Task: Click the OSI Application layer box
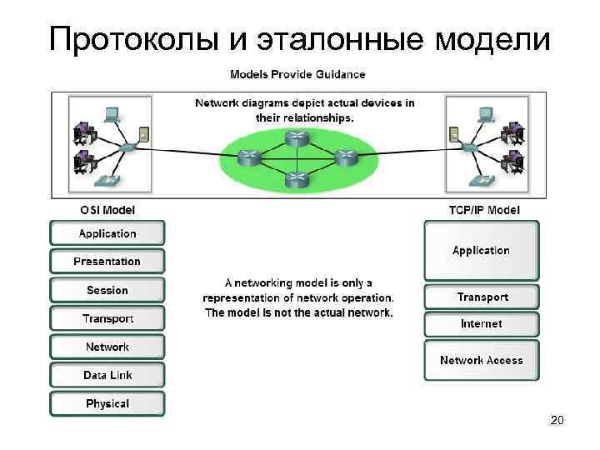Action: pyautogui.click(x=107, y=233)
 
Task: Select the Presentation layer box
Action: pyautogui.click(x=107, y=262)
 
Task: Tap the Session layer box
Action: pyautogui.click(x=107, y=290)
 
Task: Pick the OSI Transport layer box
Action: pyautogui.click(x=107, y=318)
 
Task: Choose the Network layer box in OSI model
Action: pyautogui.click(x=107, y=347)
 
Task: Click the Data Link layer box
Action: pyautogui.click(x=107, y=375)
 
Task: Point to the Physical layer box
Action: pyautogui.click(x=107, y=403)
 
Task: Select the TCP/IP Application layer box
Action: pyautogui.click(x=481, y=250)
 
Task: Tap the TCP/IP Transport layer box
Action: pyautogui.click(x=482, y=297)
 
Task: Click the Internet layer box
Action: pyautogui.click(x=482, y=323)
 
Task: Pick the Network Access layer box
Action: pyautogui.click(x=482, y=360)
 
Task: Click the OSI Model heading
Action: pyautogui.click(x=107, y=210)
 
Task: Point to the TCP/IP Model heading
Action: pyautogui.click(x=482, y=210)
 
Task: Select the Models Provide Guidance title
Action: pyautogui.click(x=297, y=74)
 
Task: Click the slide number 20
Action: pyautogui.click(x=557, y=421)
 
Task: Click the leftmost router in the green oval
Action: pyautogui.click(x=248, y=157)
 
